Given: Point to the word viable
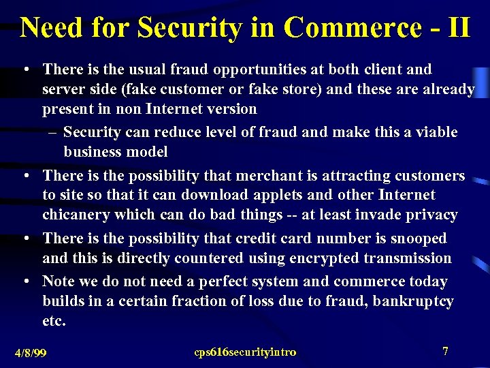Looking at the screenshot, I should point(433,132).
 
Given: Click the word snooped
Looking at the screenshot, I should point(419,239).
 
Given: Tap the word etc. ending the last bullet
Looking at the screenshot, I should point(54,320).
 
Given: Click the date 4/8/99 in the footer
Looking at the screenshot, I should point(31,353).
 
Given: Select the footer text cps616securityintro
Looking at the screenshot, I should point(245,352).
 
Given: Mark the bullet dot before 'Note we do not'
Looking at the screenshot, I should point(25,281).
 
